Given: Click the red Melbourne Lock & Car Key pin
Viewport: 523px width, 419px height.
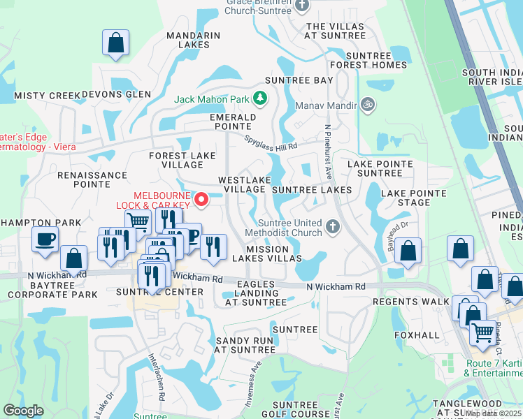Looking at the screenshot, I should pyautogui.click(x=202, y=200).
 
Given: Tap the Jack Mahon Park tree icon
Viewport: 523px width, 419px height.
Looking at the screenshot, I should pyautogui.click(x=260, y=98).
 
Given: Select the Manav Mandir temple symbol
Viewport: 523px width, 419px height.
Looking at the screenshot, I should pyautogui.click(x=367, y=105).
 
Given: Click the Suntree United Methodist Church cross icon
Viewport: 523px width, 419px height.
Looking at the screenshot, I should pyautogui.click(x=333, y=226).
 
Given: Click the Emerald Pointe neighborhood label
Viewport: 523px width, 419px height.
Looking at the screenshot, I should pyautogui.click(x=231, y=122).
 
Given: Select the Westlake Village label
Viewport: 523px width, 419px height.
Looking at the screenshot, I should pyautogui.click(x=243, y=184).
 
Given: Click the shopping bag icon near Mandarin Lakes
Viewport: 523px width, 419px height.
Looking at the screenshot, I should pyautogui.click(x=116, y=43).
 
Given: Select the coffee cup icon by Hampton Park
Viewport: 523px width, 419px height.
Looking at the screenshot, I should pyautogui.click(x=45, y=240).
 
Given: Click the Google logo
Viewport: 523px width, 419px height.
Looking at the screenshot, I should pyautogui.click(x=24, y=411).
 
